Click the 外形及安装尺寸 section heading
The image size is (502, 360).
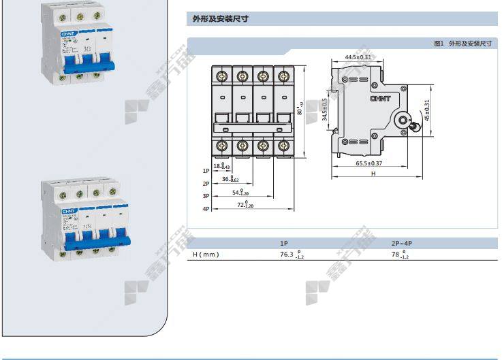click(x=213, y=20)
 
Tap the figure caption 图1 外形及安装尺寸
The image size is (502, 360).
click(x=462, y=44)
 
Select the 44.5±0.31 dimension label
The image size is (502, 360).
click(x=358, y=57)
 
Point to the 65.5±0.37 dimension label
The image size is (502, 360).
click(x=368, y=163)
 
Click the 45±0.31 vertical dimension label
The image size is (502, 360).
click(x=427, y=111)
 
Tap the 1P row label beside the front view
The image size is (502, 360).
click(x=206, y=171)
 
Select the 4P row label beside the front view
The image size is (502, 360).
click(x=206, y=208)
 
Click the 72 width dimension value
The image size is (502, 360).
click(x=241, y=204)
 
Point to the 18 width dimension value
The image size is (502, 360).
click(x=218, y=166)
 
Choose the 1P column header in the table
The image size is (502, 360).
click(x=284, y=243)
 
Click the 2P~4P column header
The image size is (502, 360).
click(x=402, y=243)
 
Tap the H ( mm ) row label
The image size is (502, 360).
click(x=206, y=255)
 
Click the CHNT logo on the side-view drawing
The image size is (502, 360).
click(x=379, y=99)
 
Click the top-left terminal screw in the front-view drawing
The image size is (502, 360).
click(x=222, y=73)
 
